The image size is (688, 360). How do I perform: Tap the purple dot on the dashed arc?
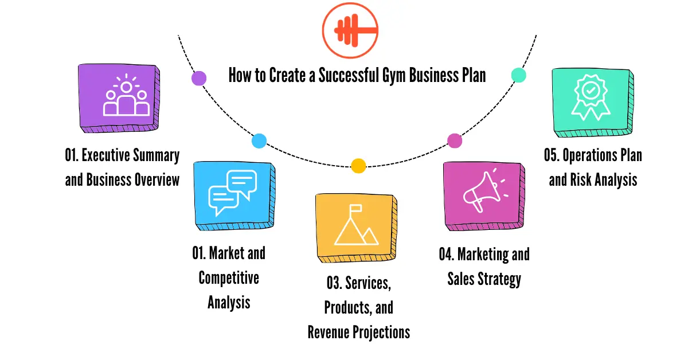(x=198, y=79)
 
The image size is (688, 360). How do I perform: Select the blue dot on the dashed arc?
(x=259, y=141)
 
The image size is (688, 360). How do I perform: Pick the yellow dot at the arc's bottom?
(x=358, y=166)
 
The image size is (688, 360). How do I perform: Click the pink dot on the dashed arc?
(x=454, y=140)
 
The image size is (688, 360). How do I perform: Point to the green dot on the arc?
(x=518, y=75)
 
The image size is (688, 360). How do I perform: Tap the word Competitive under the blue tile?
(x=229, y=279)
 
